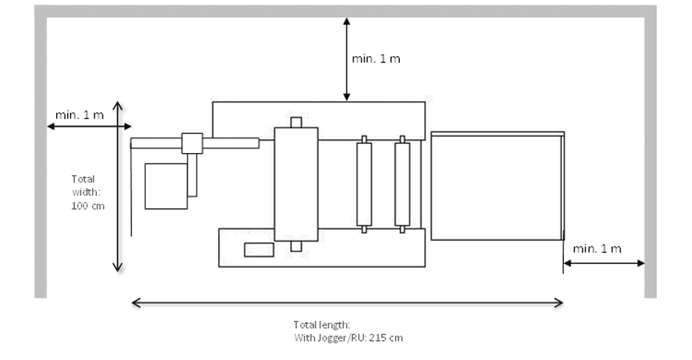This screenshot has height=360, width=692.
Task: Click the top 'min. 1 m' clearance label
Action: (376, 59)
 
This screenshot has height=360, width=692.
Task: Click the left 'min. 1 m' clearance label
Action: (80, 114)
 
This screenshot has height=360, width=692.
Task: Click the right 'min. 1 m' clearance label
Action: (597, 249)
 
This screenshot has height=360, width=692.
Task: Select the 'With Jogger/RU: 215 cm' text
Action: (349, 338)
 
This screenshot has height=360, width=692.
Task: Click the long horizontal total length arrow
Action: (347, 302)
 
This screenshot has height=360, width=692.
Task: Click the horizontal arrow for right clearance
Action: (603, 263)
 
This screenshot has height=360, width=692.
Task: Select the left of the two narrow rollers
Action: (363, 184)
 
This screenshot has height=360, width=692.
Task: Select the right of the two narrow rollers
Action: (402, 184)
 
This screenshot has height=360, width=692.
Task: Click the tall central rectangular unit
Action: (296, 184)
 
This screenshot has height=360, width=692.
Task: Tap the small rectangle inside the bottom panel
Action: (258, 250)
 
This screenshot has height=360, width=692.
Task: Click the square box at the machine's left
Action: (165, 186)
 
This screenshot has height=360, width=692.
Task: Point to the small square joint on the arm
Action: (192, 143)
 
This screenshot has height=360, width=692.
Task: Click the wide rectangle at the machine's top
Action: (318, 120)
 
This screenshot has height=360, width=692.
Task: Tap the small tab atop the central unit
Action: (295, 123)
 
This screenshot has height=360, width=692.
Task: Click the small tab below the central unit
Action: (295, 246)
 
